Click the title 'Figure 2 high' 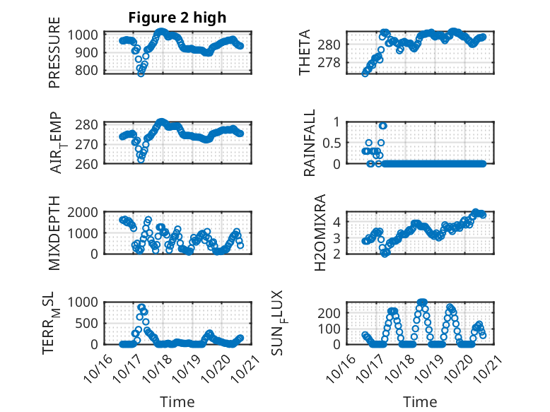pyautogui.click(x=177, y=18)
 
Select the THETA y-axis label pyautogui.click(x=305, y=53)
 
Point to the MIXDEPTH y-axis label pyautogui.click(x=54, y=233)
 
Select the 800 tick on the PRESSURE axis pyautogui.click(x=90, y=70)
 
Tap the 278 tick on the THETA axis pyautogui.click(x=334, y=62)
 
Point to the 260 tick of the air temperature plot pyautogui.click(x=90, y=163)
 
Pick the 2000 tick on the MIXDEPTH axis pyautogui.click(x=87, y=212)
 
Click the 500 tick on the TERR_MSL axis pyautogui.click(x=90, y=323)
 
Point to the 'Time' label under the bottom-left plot pyautogui.click(x=177, y=401)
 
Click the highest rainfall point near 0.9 pyautogui.click(x=382, y=126)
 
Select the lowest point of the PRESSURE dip pyautogui.click(x=141, y=73)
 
